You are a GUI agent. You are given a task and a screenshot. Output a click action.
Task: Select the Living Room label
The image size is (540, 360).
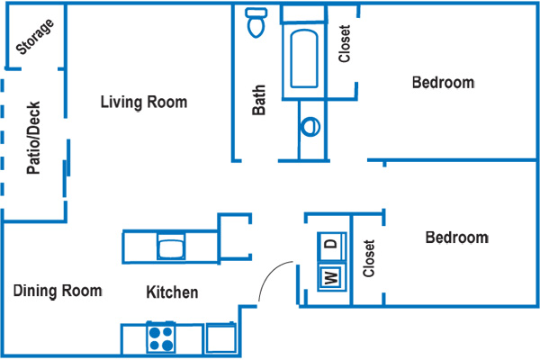(x=144, y=103)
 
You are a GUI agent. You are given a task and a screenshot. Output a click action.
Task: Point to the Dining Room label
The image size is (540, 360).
(x=58, y=291)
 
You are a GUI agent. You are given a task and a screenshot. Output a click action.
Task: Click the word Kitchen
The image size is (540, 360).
(x=172, y=292)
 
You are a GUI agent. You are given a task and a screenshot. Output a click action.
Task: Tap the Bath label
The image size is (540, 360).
(x=259, y=101)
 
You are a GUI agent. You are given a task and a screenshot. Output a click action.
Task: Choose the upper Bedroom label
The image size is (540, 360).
(x=443, y=83)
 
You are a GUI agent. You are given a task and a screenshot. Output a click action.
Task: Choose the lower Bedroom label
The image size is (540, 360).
(x=456, y=238)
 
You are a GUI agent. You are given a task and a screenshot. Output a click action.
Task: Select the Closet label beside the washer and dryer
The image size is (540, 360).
(x=367, y=257)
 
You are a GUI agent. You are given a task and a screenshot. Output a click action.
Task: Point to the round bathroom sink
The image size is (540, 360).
(x=310, y=127)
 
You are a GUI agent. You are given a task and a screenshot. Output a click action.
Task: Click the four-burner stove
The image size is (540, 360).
(x=161, y=338)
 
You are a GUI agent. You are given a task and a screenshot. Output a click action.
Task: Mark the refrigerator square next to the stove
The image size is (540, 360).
(x=221, y=337)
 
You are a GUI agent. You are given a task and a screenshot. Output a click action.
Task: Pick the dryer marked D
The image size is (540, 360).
(x=330, y=243)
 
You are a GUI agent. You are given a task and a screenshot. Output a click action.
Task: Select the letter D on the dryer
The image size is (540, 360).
(x=330, y=243)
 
